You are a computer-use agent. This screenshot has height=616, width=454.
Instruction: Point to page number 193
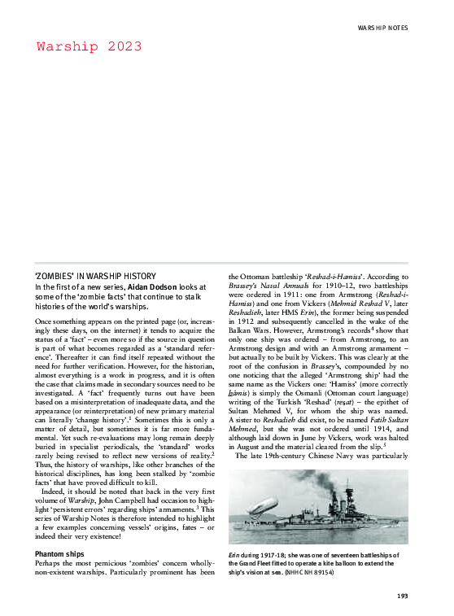coord(401,596)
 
